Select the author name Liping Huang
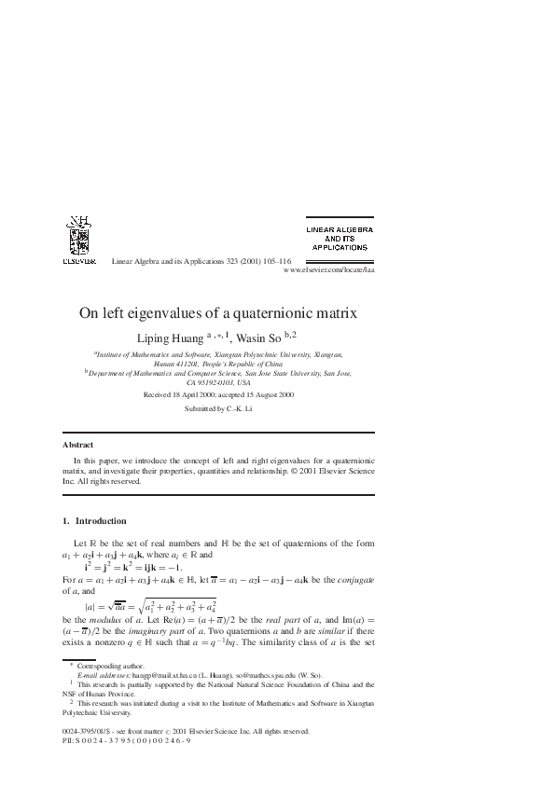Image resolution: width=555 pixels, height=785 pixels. pos(182,337)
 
